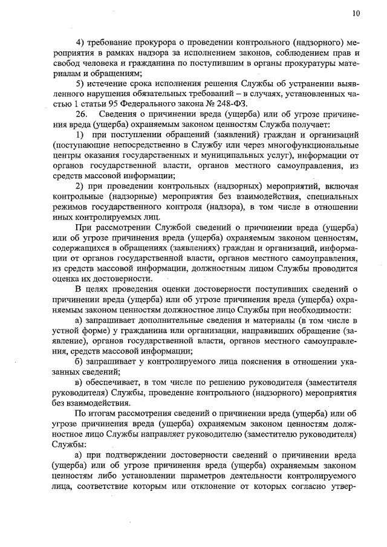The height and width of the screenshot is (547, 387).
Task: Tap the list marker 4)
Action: click(79, 43)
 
